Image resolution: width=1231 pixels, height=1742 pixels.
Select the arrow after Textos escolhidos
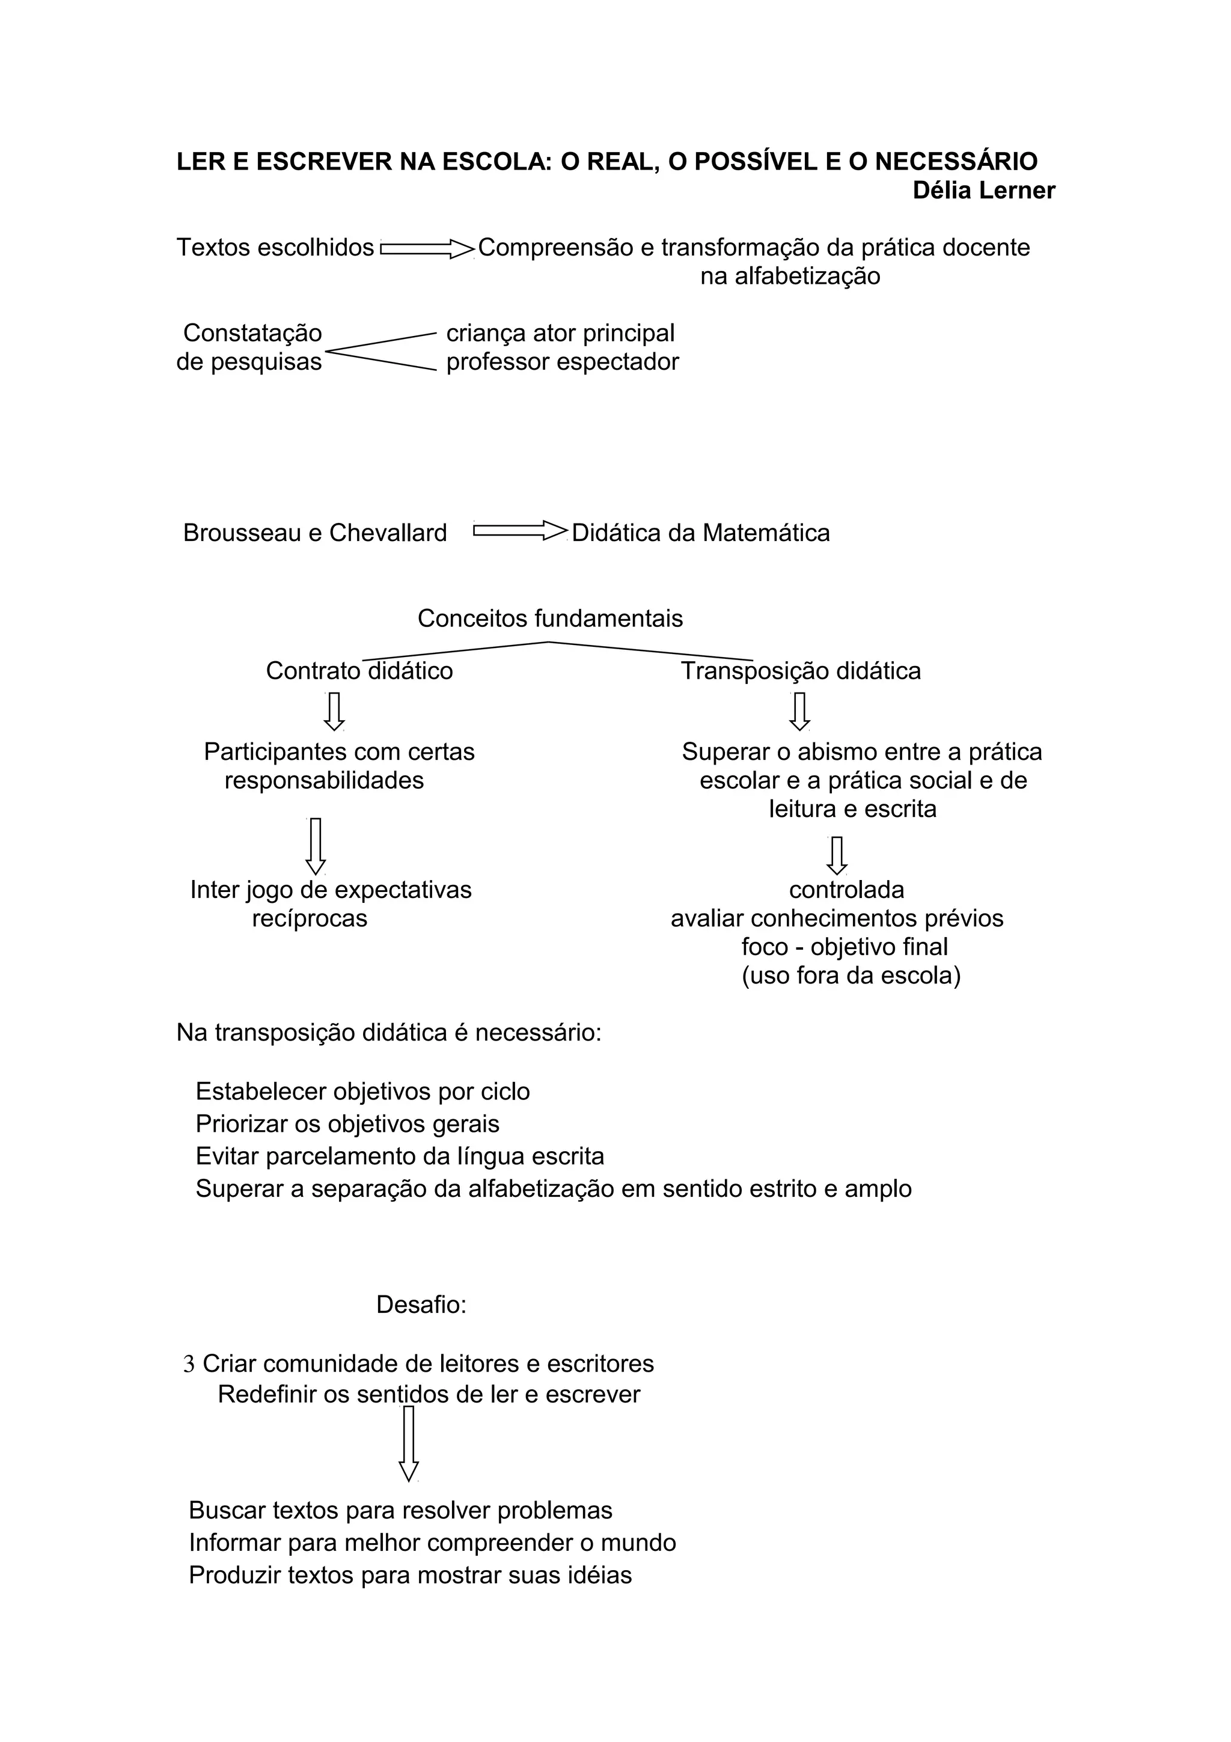pyautogui.click(x=426, y=248)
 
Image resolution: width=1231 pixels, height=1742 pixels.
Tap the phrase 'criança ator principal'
pyautogui.click(x=560, y=333)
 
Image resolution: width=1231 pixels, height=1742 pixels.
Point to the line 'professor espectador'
pyautogui.click(x=562, y=362)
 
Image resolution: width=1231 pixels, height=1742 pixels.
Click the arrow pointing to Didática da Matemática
pyautogui.click(x=519, y=530)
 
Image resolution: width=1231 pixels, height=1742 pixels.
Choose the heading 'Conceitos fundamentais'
pyautogui.click(x=550, y=619)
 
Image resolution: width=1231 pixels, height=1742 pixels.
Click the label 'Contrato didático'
pyautogui.click(x=359, y=671)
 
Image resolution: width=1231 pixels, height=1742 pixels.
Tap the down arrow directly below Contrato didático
pyautogui.click(x=334, y=711)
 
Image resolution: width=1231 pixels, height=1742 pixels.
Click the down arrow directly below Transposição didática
pyautogui.click(x=799, y=711)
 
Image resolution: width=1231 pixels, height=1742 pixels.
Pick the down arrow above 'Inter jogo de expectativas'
pyautogui.click(x=316, y=846)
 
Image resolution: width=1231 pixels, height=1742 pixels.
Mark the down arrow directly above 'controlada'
pyautogui.click(x=837, y=855)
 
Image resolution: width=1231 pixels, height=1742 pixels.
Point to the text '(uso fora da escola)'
pyautogui.click(x=851, y=976)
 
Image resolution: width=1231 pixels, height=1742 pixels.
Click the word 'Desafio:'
pyautogui.click(x=421, y=1305)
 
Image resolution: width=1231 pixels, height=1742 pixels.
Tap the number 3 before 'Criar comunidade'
pyautogui.click(x=189, y=1364)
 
